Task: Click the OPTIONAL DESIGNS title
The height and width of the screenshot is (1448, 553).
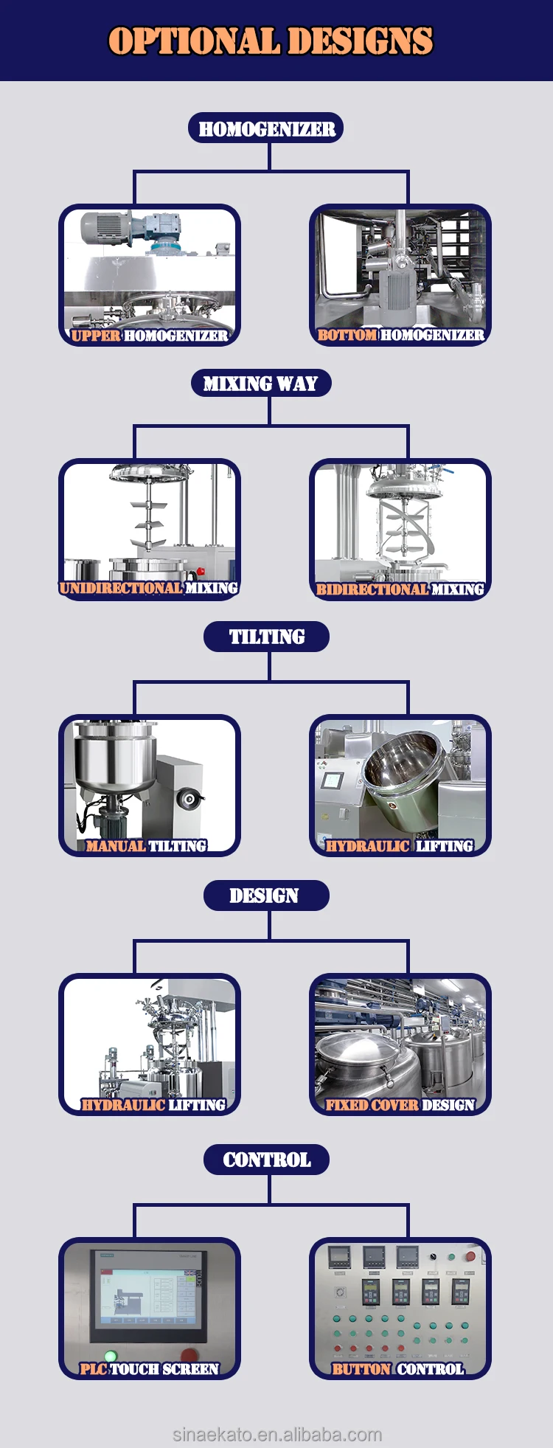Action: click(271, 41)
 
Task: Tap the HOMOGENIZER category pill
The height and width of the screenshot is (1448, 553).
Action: click(266, 129)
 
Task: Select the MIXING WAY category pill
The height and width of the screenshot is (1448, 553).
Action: click(260, 384)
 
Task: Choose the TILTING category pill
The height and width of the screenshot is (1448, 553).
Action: click(266, 637)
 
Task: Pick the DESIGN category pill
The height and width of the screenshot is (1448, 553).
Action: click(264, 896)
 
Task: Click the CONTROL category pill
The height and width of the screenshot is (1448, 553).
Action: click(266, 1160)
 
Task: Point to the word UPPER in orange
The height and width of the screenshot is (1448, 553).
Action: click(96, 336)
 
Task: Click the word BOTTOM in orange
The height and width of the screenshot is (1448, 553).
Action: click(347, 335)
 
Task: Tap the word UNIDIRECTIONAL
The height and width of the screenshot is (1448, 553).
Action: click(121, 588)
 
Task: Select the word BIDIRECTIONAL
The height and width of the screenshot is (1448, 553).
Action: click(372, 589)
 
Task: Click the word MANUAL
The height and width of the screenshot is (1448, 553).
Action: click(115, 846)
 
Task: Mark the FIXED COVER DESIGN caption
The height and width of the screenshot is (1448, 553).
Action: click(400, 1104)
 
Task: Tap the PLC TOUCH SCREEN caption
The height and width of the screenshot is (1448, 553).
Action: click(150, 1369)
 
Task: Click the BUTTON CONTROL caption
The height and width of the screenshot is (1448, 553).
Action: click(398, 1369)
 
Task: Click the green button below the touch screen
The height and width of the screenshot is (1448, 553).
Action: click(111, 1356)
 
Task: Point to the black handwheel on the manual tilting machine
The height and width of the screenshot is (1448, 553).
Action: click(189, 797)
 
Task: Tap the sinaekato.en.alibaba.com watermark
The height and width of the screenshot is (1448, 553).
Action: click(277, 1434)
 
